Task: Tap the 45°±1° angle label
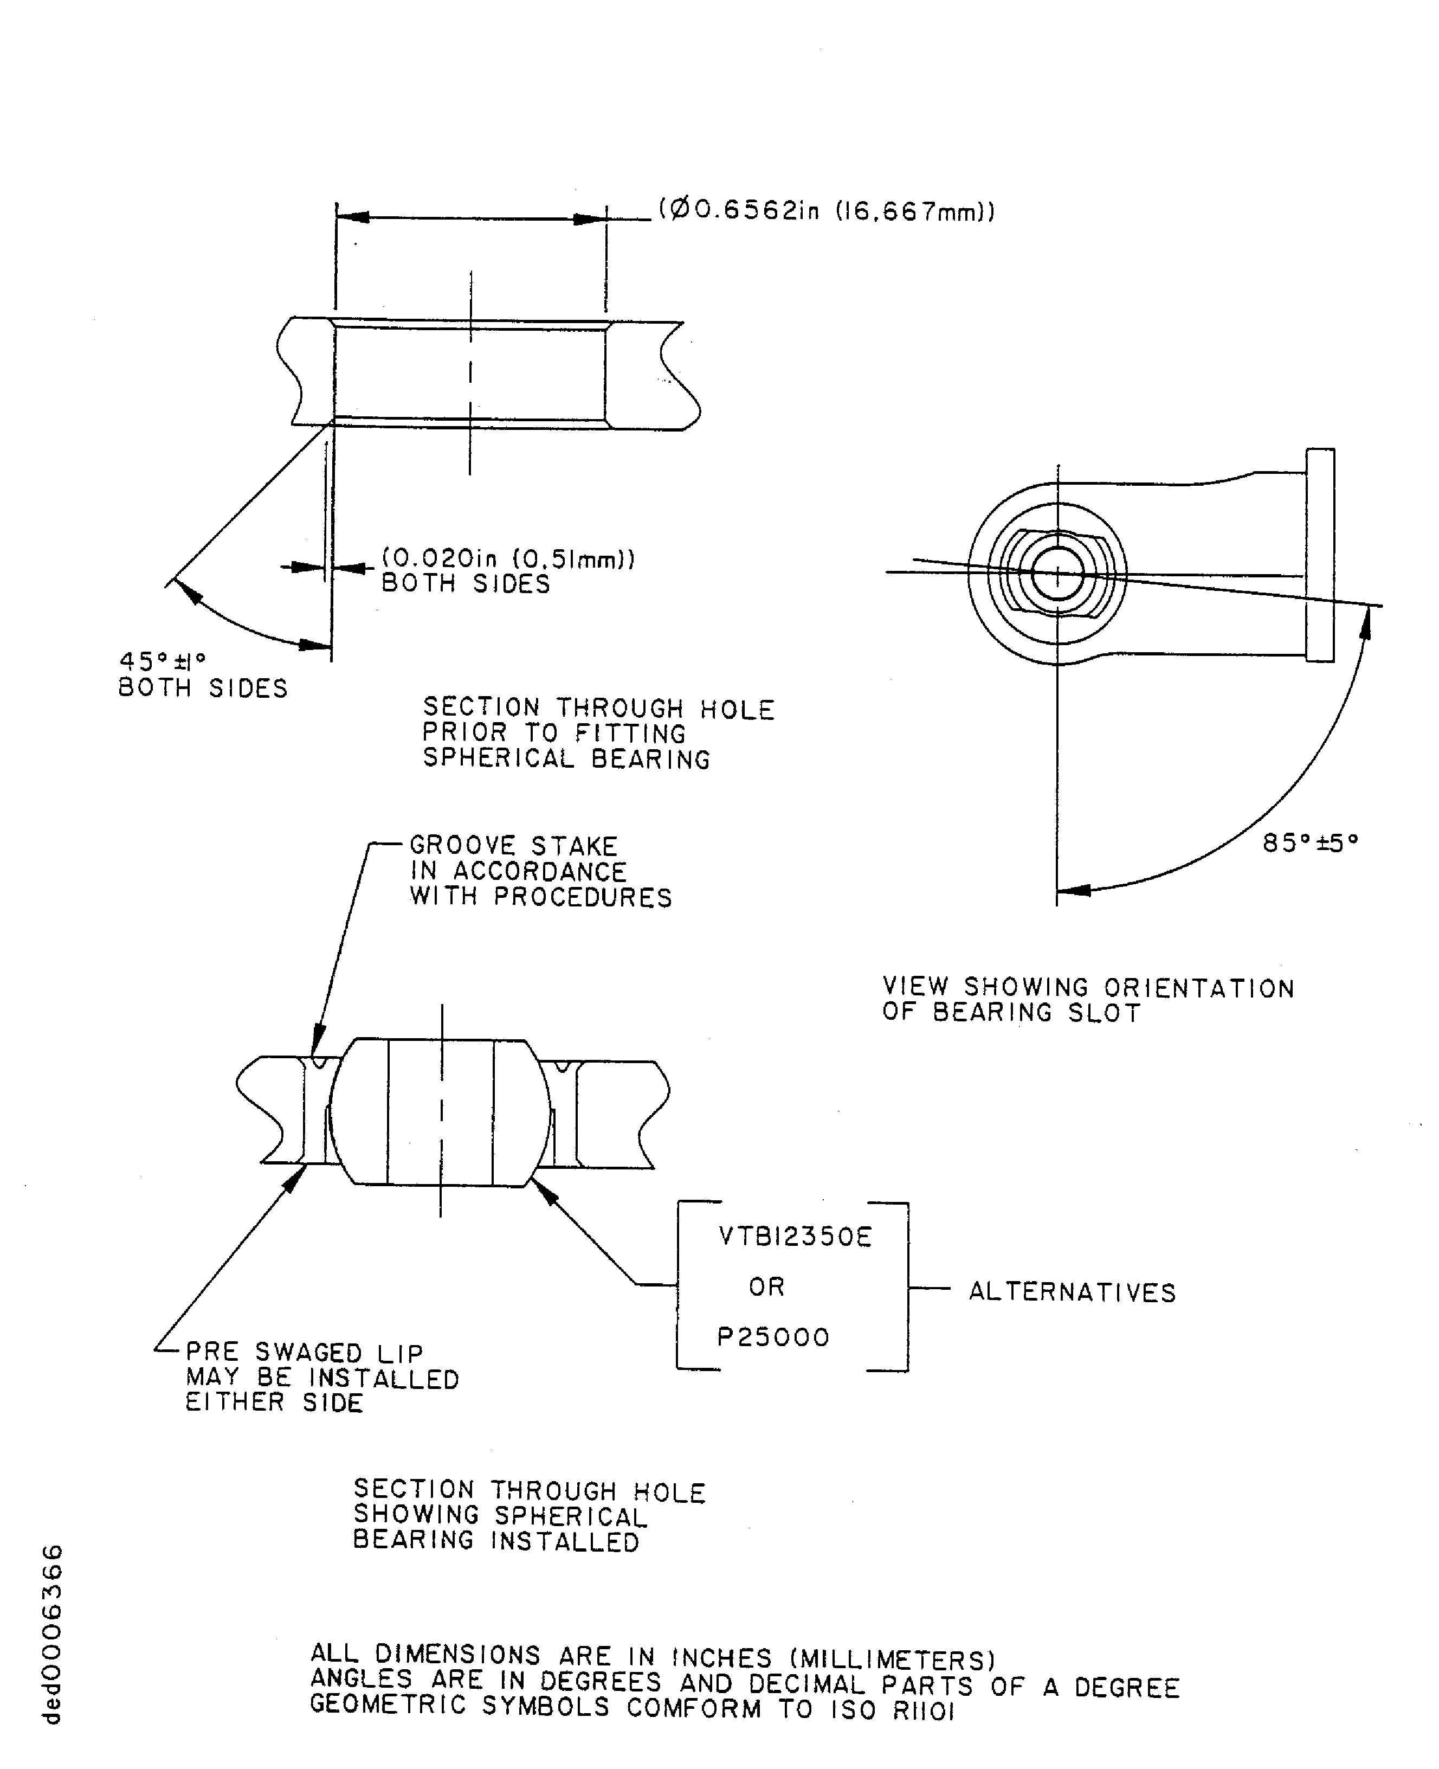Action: tap(163, 661)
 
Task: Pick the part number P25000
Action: tap(772, 1337)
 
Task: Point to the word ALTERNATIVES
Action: tap(1072, 1292)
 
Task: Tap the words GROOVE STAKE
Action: tap(514, 846)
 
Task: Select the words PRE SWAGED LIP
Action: tap(304, 1352)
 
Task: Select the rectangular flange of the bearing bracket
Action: tap(1320, 555)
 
